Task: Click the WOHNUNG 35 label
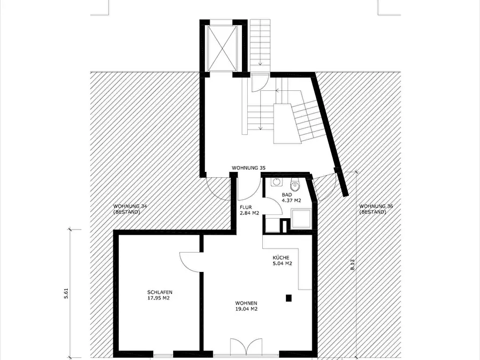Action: pos(248,168)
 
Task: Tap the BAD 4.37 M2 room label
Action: pos(291,198)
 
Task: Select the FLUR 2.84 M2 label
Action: pos(249,210)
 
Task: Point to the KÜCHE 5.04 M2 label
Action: pos(282,261)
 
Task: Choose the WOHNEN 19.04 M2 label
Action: pos(246,306)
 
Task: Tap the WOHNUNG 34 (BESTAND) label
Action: pos(130,209)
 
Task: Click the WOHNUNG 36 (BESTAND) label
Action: pos(376,209)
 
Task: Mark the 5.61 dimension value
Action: pos(66,293)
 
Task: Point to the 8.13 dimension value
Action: pos(353,265)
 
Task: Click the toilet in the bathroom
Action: pos(295,184)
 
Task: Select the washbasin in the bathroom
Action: pos(277,182)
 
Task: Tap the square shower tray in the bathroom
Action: pos(302,219)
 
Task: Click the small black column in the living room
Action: pos(289,298)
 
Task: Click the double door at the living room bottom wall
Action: pos(246,347)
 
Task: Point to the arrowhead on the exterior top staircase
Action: pos(260,64)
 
